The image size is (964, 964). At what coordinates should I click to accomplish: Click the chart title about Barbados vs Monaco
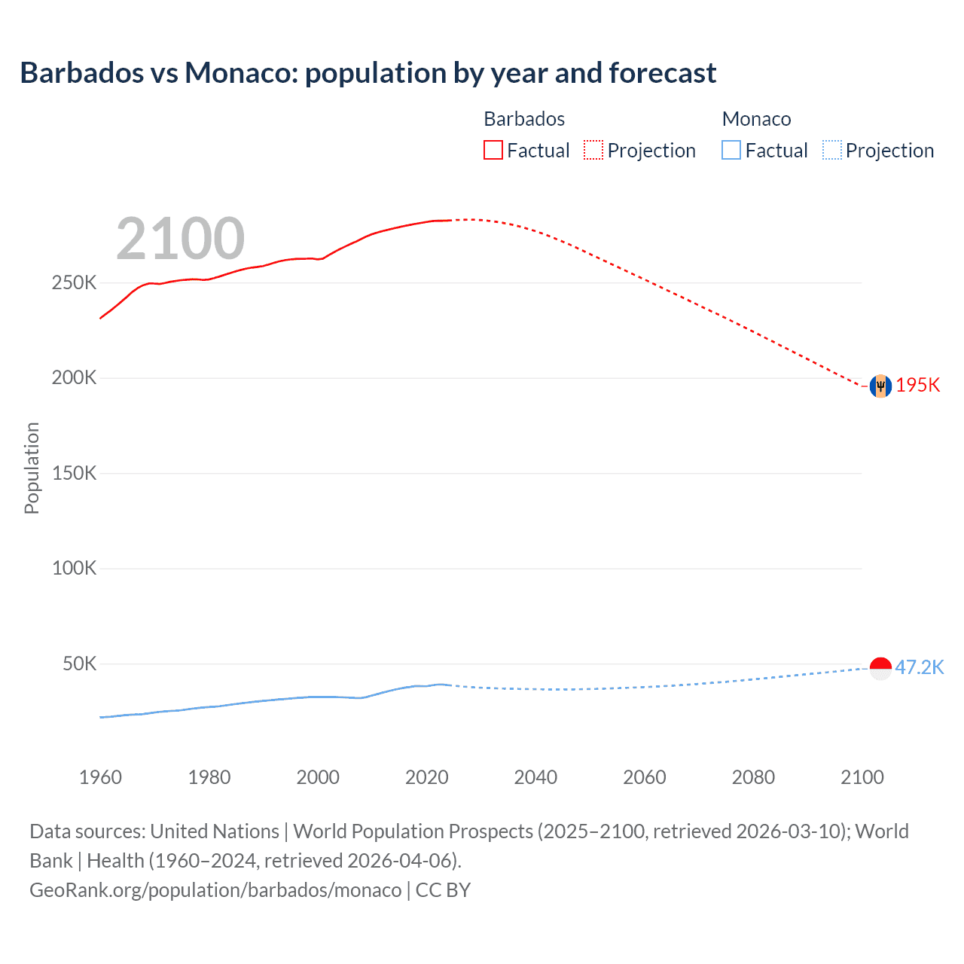coord(368,73)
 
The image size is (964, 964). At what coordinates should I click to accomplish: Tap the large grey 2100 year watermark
coord(180,239)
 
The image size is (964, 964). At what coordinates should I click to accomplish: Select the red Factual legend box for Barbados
coord(493,150)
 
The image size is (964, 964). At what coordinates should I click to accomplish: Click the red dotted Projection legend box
coord(593,150)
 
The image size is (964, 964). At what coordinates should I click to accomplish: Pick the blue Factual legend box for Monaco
coord(731,150)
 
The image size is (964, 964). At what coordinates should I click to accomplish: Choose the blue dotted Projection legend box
coord(831,150)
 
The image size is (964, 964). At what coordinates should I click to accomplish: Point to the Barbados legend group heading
coord(524,119)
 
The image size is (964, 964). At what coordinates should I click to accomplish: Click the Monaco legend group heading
coord(756,119)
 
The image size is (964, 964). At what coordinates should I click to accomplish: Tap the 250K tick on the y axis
coord(74,283)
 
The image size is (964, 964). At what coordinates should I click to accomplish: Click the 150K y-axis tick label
coord(74,474)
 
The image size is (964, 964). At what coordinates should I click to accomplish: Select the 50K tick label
coord(79,664)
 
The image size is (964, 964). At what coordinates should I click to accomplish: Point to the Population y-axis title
coord(32,468)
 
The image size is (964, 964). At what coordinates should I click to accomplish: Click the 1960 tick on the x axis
coord(100,777)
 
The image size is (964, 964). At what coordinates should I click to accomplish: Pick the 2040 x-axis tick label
coord(535,777)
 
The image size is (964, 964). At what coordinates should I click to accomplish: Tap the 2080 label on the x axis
coord(753,777)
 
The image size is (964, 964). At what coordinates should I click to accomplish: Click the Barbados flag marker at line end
coord(880,386)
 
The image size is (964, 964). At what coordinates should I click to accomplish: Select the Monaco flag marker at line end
coord(880,667)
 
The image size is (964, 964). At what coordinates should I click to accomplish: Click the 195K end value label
coord(918,385)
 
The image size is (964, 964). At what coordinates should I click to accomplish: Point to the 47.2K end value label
coord(919,667)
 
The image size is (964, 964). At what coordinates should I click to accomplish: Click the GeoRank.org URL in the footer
coord(215,890)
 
